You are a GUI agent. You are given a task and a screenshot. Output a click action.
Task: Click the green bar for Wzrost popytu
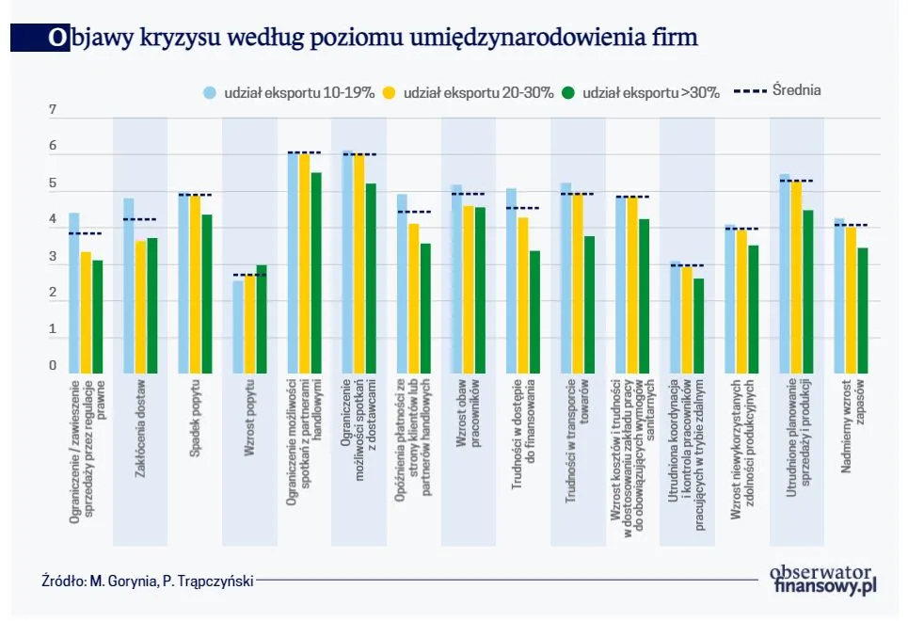[x=262, y=319]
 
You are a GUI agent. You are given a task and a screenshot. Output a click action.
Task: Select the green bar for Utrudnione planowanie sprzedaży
[x=807, y=292]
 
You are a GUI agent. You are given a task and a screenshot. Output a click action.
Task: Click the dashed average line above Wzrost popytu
[x=249, y=275]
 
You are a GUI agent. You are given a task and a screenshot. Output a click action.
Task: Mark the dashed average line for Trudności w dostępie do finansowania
[x=522, y=208]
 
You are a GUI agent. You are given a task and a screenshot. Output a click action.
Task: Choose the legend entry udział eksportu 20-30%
[x=469, y=92]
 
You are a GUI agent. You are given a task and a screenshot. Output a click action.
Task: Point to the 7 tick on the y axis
[x=53, y=111]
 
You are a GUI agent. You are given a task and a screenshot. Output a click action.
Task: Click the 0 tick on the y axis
[x=53, y=367]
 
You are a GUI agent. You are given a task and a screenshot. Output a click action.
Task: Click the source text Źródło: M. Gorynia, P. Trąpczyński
[x=148, y=581]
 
